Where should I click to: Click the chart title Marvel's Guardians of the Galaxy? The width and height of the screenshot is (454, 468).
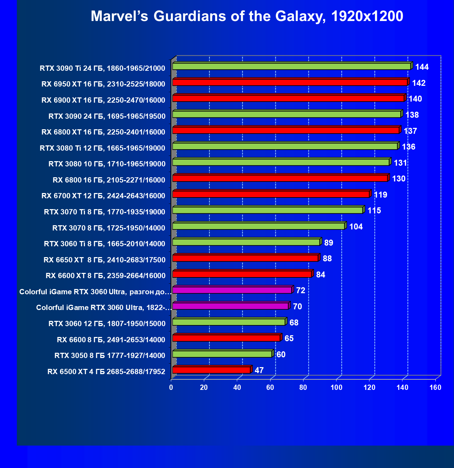(x=247, y=16)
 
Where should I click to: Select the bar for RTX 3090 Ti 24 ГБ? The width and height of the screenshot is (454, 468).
(x=291, y=67)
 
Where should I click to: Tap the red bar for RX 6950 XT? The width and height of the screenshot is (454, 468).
(x=290, y=82)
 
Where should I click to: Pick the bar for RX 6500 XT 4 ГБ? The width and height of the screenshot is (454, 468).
(x=211, y=370)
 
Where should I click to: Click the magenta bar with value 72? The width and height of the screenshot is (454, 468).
(x=232, y=290)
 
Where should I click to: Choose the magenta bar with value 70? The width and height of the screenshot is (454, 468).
(x=230, y=306)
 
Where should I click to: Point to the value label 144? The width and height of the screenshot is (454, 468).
(x=422, y=67)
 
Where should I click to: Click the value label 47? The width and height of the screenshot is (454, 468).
(x=259, y=370)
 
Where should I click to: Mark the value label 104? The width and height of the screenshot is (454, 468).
(x=356, y=227)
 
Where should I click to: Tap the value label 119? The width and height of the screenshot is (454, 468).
(x=381, y=195)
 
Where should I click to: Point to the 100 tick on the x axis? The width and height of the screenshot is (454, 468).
(x=336, y=387)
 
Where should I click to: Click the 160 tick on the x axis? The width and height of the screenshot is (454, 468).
(x=435, y=387)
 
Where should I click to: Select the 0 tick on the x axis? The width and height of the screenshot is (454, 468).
(x=171, y=387)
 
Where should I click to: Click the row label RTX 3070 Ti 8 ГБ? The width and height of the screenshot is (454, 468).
(x=105, y=212)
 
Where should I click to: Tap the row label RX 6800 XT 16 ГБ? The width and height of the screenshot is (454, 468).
(x=103, y=132)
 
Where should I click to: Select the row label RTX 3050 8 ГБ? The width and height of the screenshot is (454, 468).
(x=110, y=356)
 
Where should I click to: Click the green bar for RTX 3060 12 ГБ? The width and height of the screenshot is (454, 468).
(x=229, y=322)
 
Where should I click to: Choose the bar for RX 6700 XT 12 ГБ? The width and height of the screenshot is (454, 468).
(x=271, y=194)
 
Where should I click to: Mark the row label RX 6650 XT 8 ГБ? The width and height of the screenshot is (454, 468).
(x=104, y=260)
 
